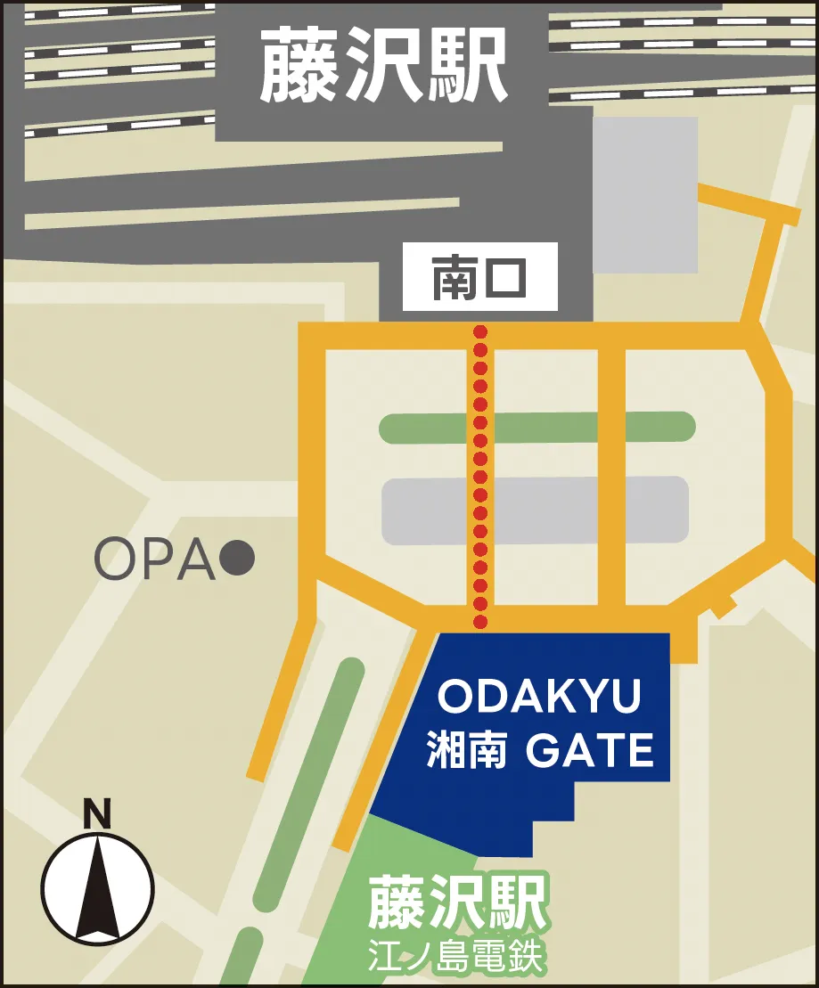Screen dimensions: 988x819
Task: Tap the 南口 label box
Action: click(479, 277)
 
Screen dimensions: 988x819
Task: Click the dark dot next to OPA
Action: click(238, 559)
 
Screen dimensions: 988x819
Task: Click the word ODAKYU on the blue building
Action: click(540, 698)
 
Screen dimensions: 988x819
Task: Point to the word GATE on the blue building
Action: click(590, 751)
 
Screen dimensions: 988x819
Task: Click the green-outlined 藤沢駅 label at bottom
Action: click(456, 902)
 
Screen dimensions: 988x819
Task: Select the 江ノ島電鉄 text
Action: click(456, 959)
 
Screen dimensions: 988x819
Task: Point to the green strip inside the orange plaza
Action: click(537, 427)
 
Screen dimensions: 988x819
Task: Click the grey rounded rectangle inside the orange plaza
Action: click(535, 510)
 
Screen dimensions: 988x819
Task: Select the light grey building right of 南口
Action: click(645, 194)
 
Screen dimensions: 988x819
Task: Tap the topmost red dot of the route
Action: click(480, 331)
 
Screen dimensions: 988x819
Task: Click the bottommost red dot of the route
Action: click(480, 621)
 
